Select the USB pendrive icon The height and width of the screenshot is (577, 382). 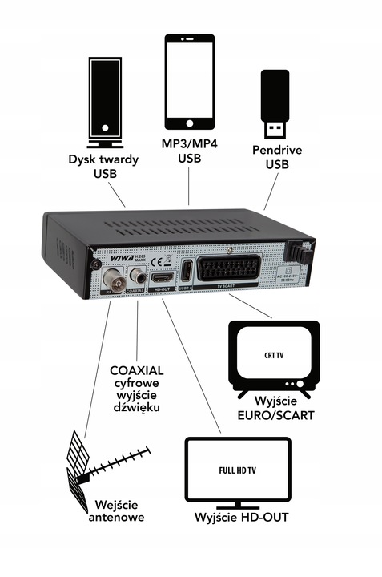(274, 103)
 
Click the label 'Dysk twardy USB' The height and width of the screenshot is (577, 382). (104, 167)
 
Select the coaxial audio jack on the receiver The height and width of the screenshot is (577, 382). (140, 277)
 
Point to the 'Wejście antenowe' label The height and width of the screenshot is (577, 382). (119, 510)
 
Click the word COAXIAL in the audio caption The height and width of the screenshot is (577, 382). (136, 370)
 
